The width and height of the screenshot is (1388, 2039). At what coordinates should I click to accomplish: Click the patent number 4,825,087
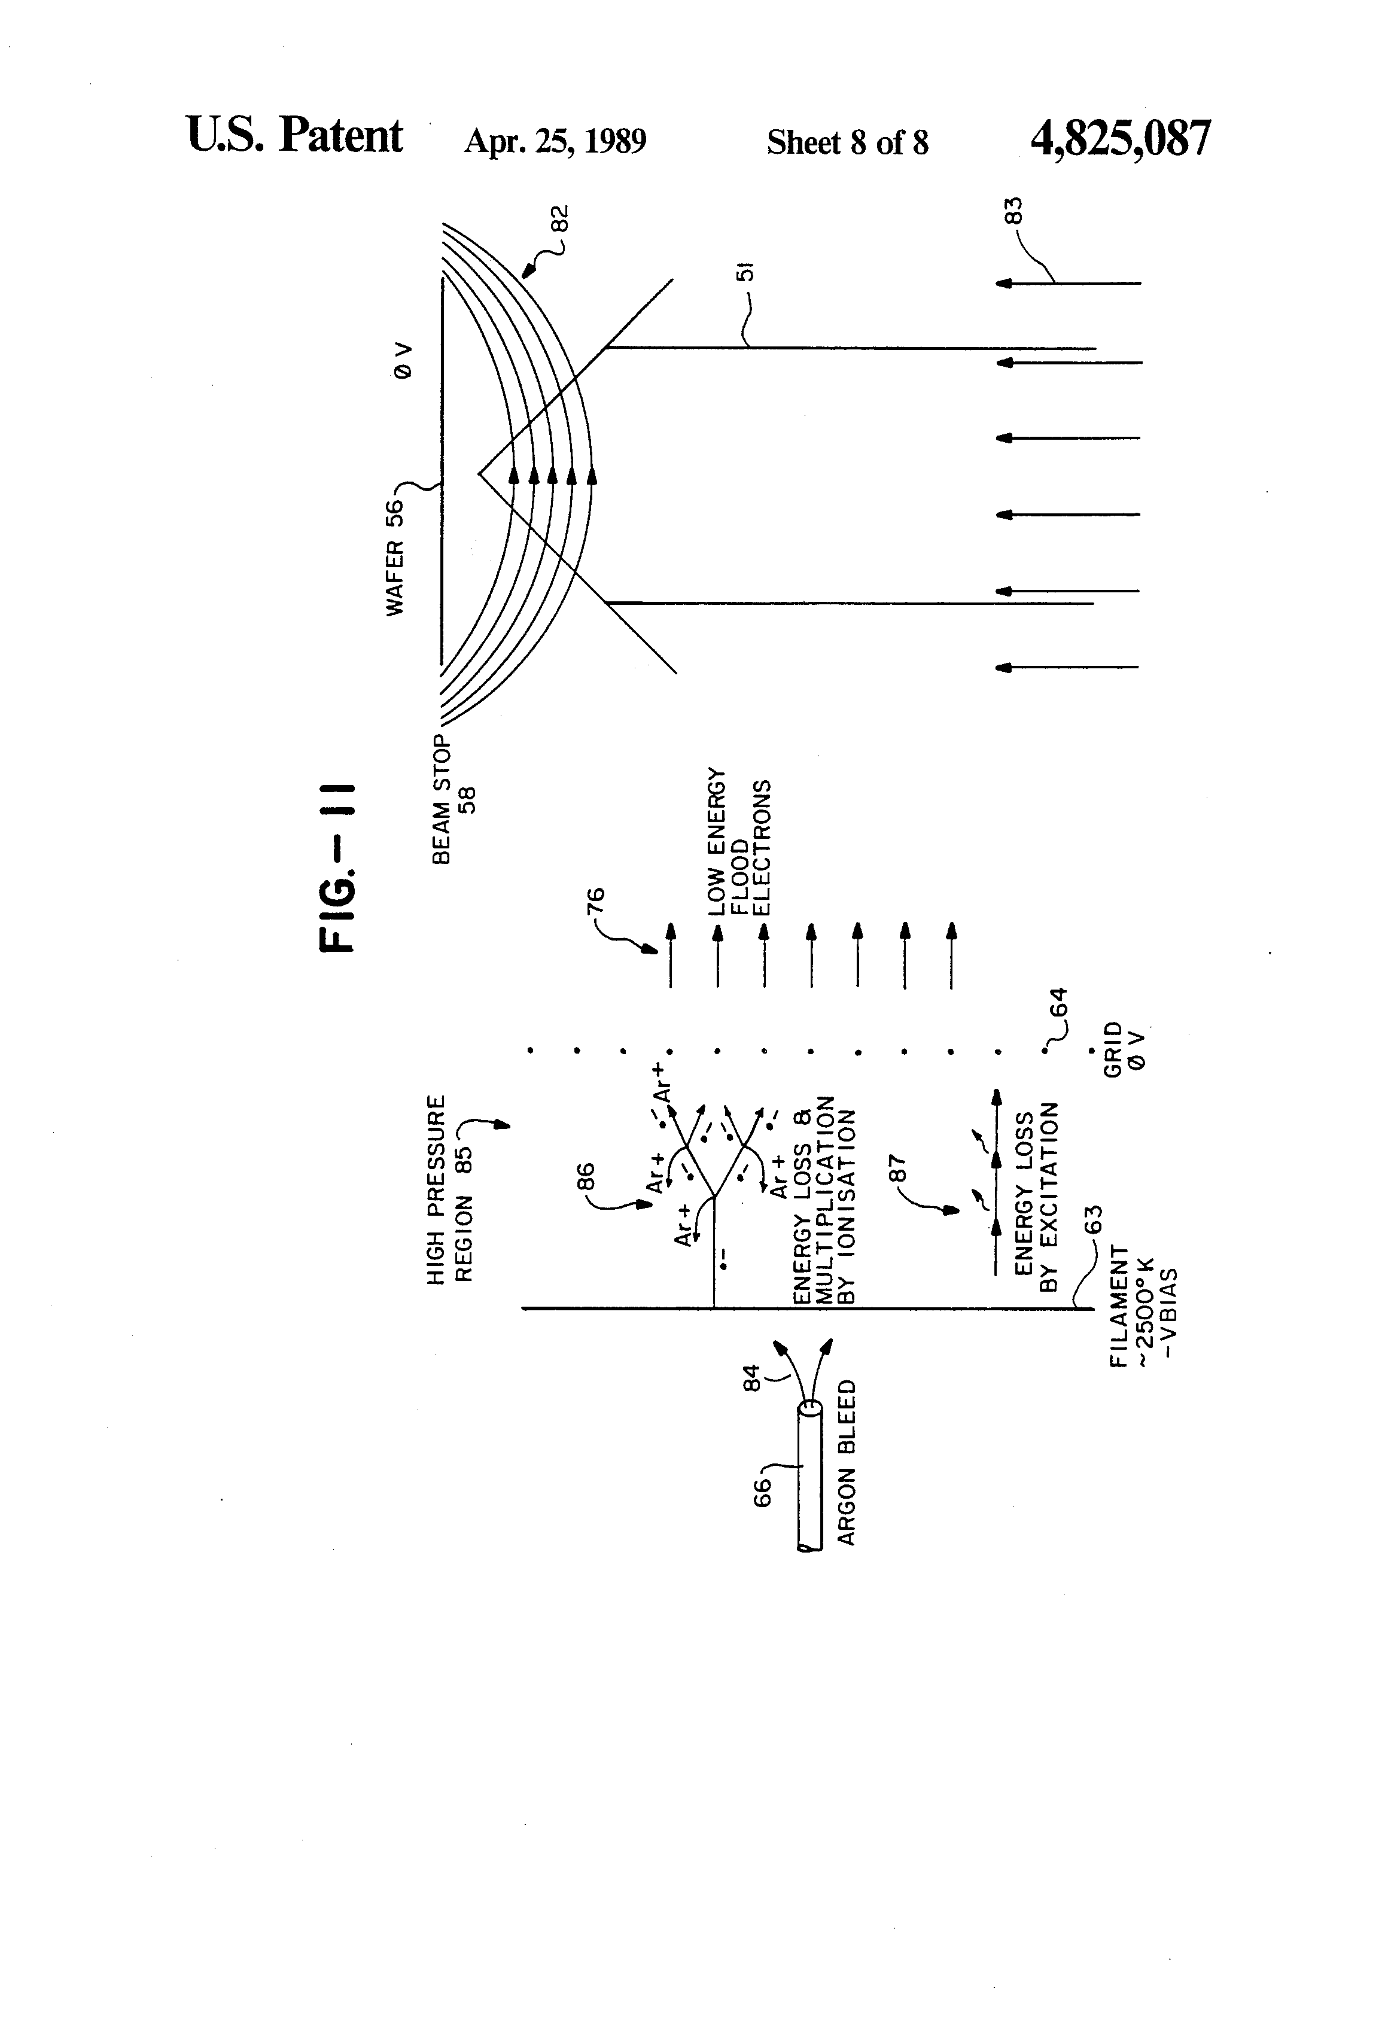pyautogui.click(x=1121, y=139)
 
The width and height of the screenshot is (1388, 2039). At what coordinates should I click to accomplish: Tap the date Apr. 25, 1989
pyautogui.click(x=555, y=141)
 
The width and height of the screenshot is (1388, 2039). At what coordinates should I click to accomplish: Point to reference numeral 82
pyautogui.click(x=559, y=218)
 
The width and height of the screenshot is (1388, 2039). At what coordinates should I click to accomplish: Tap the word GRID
pyautogui.click(x=1113, y=1049)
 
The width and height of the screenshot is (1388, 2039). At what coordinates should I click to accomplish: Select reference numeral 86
pyautogui.click(x=586, y=1176)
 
